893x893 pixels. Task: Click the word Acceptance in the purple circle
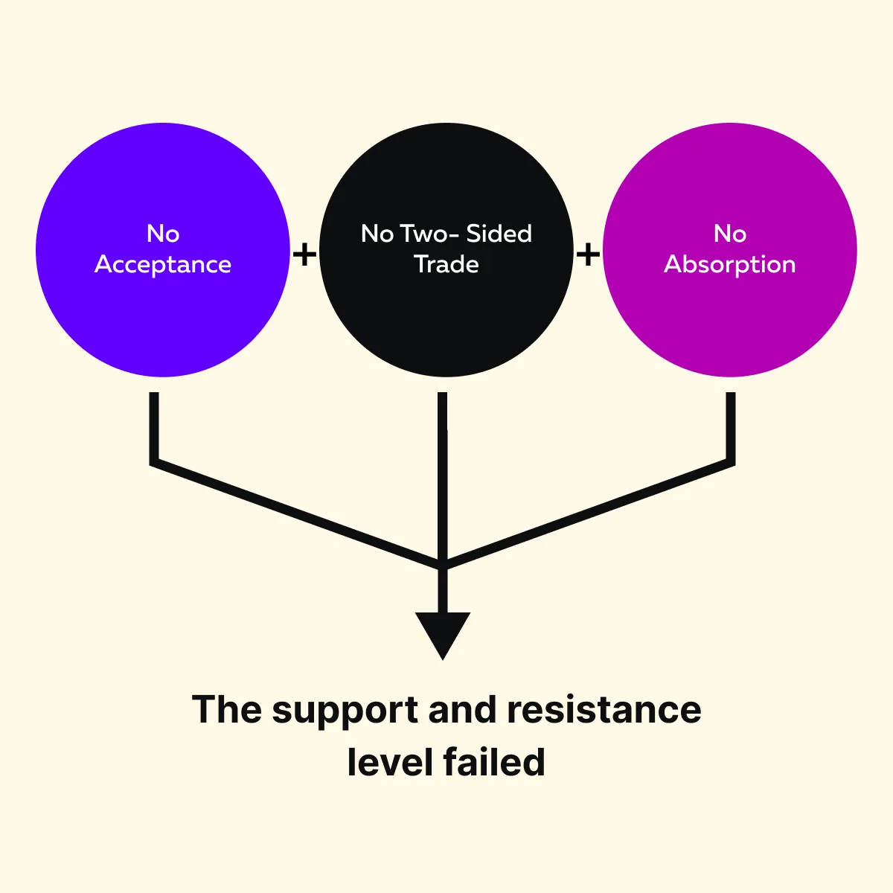[163, 265]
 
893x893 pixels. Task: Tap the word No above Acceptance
[163, 234]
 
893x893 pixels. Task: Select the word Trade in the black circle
[446, 265]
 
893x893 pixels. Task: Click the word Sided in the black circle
[499, 234]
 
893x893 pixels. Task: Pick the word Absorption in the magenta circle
[730, 265]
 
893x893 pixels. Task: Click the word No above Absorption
[730, 234]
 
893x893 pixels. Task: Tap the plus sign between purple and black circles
[304, 255]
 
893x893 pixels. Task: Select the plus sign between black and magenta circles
[588, 255]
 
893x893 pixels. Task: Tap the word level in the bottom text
[391, 762]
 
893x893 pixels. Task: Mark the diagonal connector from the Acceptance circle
[298, 513]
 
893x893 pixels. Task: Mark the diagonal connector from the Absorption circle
[588, 513]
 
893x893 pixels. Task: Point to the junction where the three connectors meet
[443, 563]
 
